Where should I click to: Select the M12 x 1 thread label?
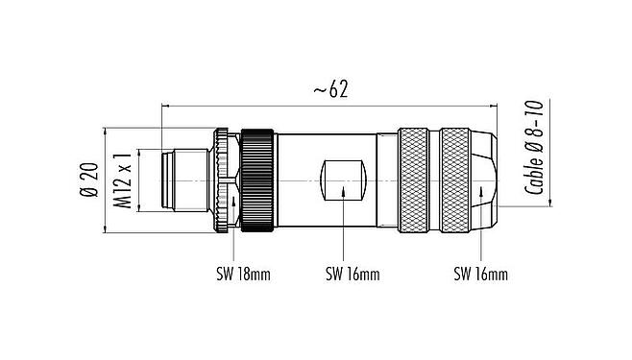(x=122, y=180)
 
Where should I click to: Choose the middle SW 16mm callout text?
(x=352, y=275)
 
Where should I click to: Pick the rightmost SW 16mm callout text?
(x=479, y=275)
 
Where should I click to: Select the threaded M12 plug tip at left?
(x=187, y=180)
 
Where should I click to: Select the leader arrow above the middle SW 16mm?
(x=343, y=190)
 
